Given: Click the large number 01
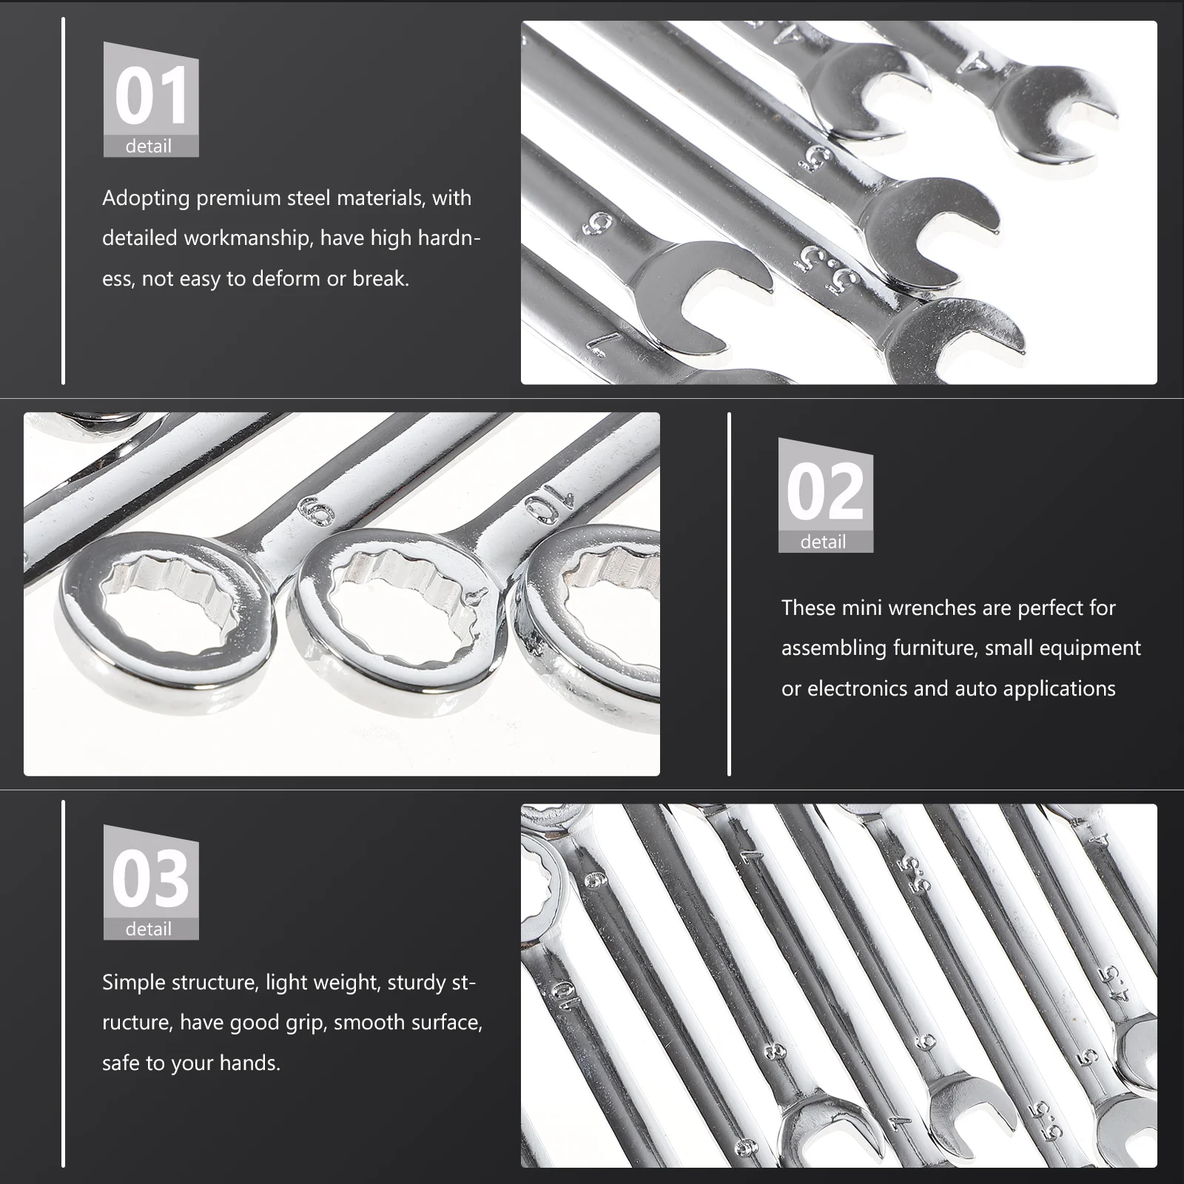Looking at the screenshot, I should pos(151,96).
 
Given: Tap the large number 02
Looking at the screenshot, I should pos(825,492).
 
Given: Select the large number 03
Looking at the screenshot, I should pos(151,879).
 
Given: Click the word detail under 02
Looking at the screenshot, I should pos(823,542).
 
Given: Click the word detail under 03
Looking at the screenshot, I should pos(148,929).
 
